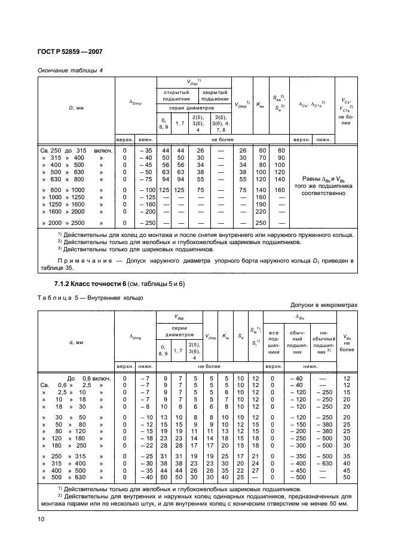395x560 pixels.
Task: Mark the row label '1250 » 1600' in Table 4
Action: point(75,204)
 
